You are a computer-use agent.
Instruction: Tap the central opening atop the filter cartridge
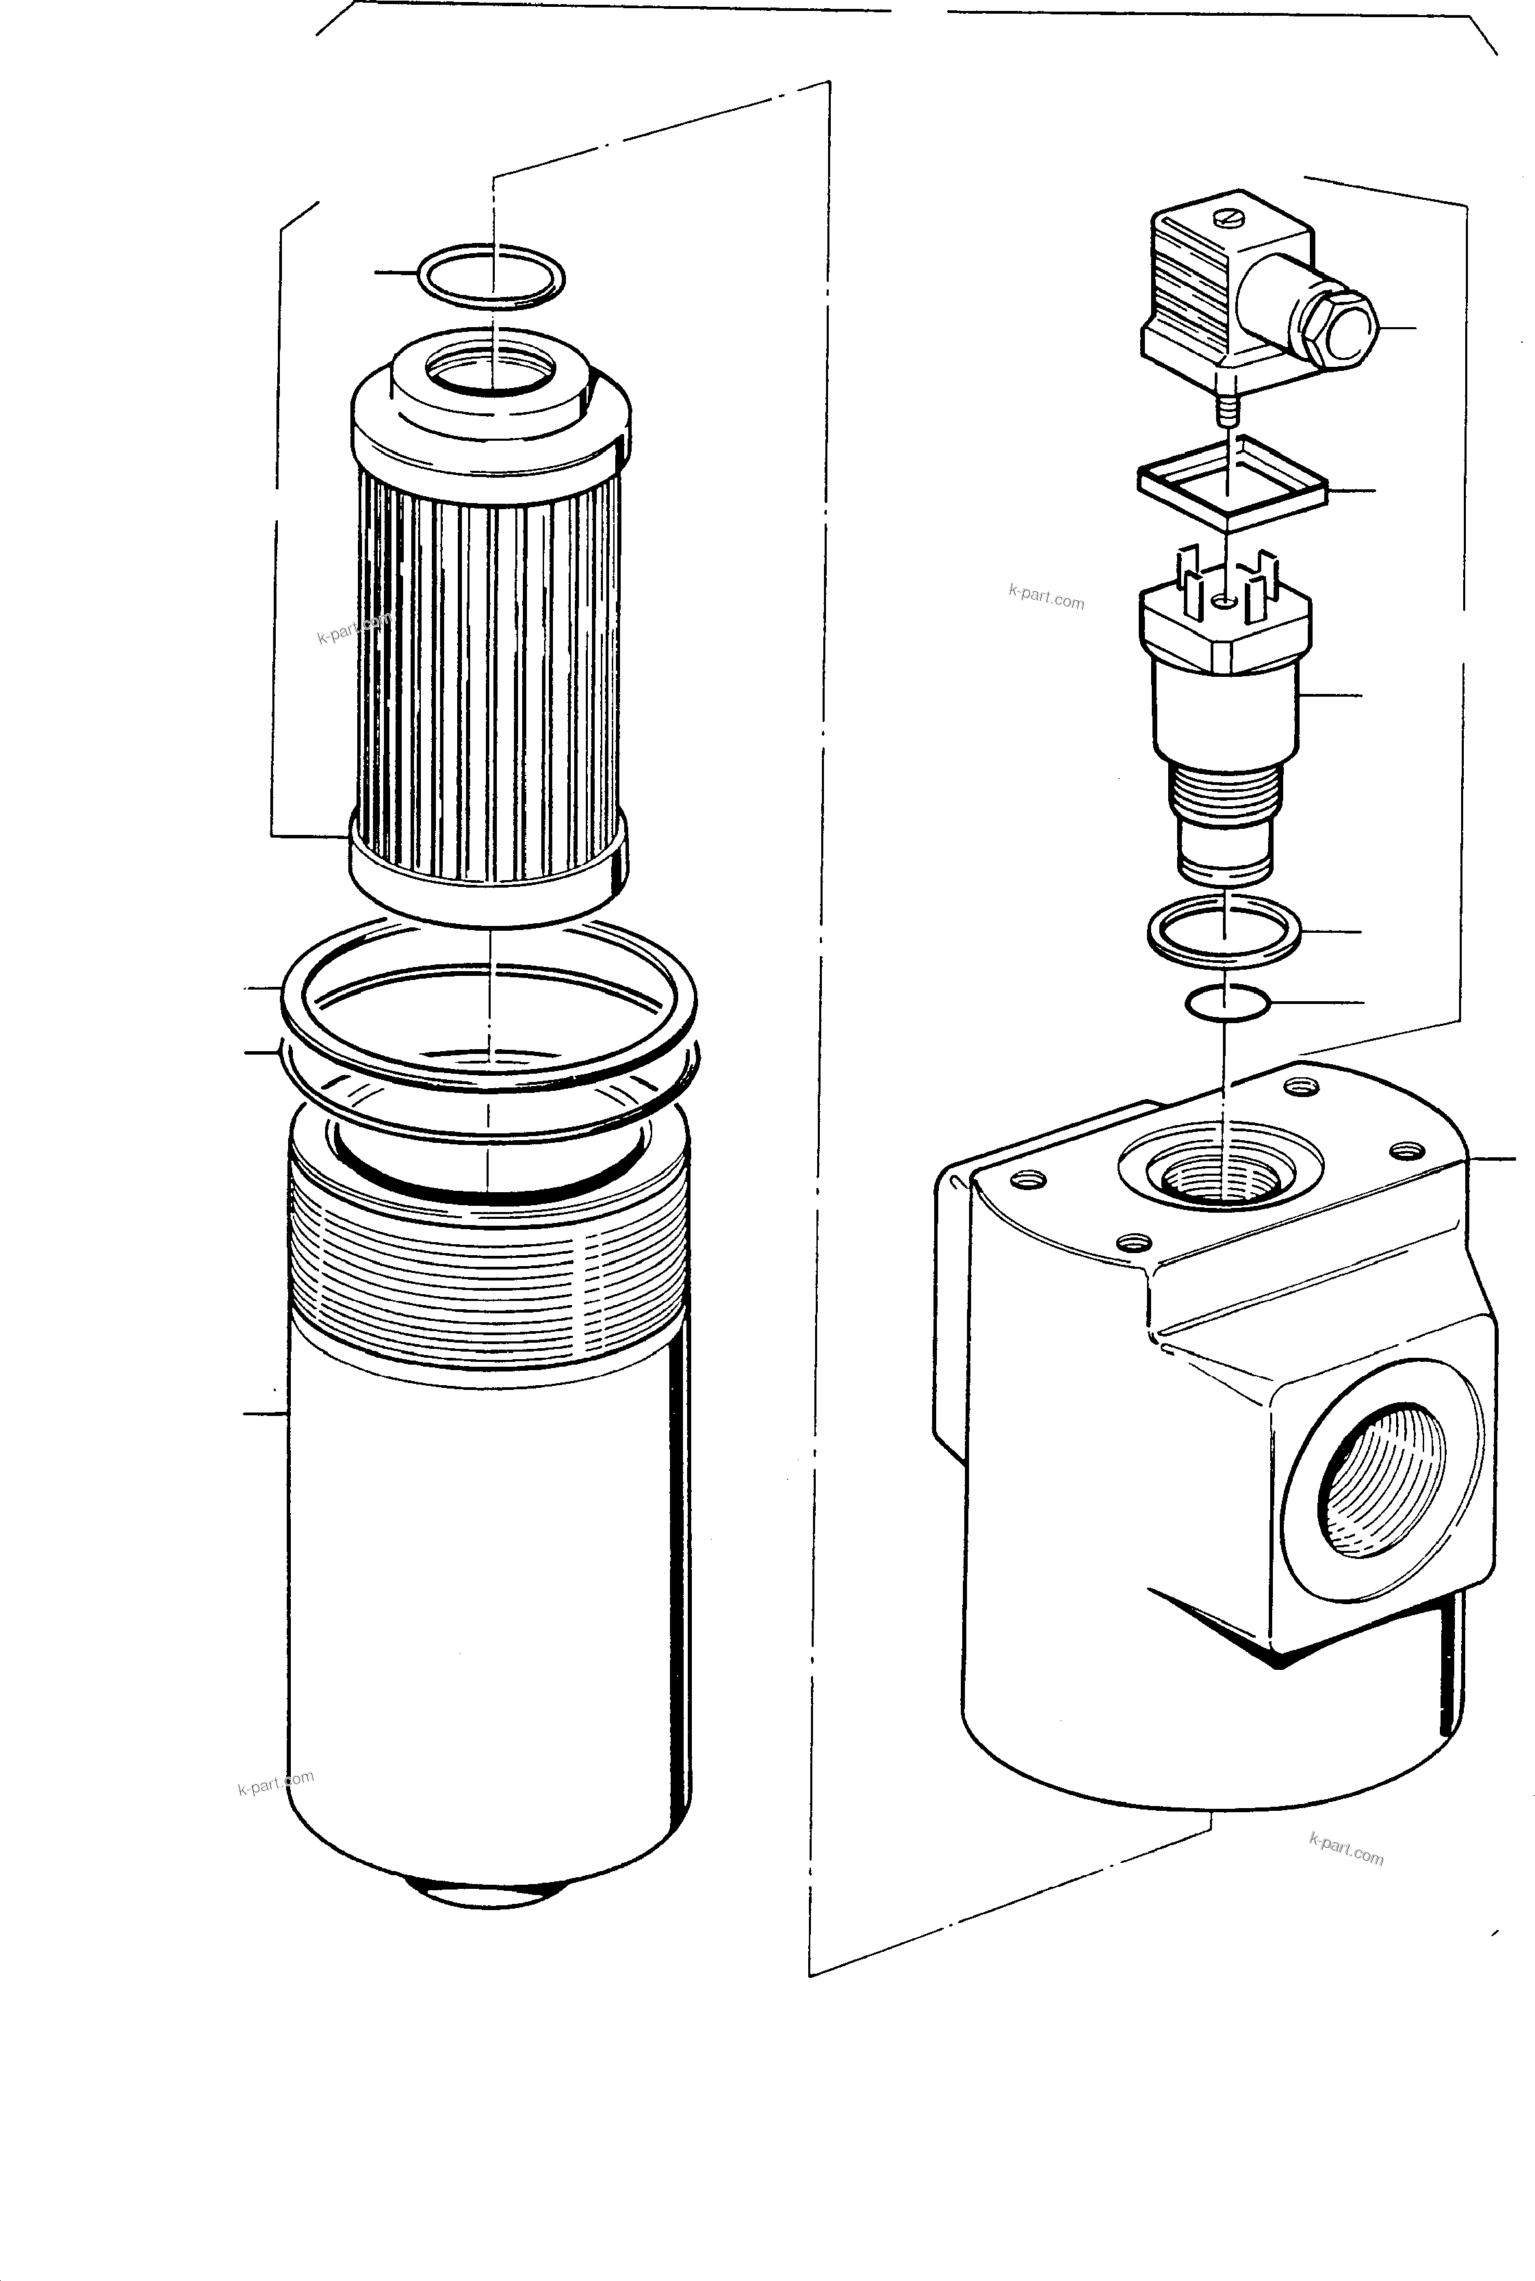click(491, 370)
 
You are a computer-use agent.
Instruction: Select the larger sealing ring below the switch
click(1224, 930)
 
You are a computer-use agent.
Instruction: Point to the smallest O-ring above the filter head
click(1226, 1003)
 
